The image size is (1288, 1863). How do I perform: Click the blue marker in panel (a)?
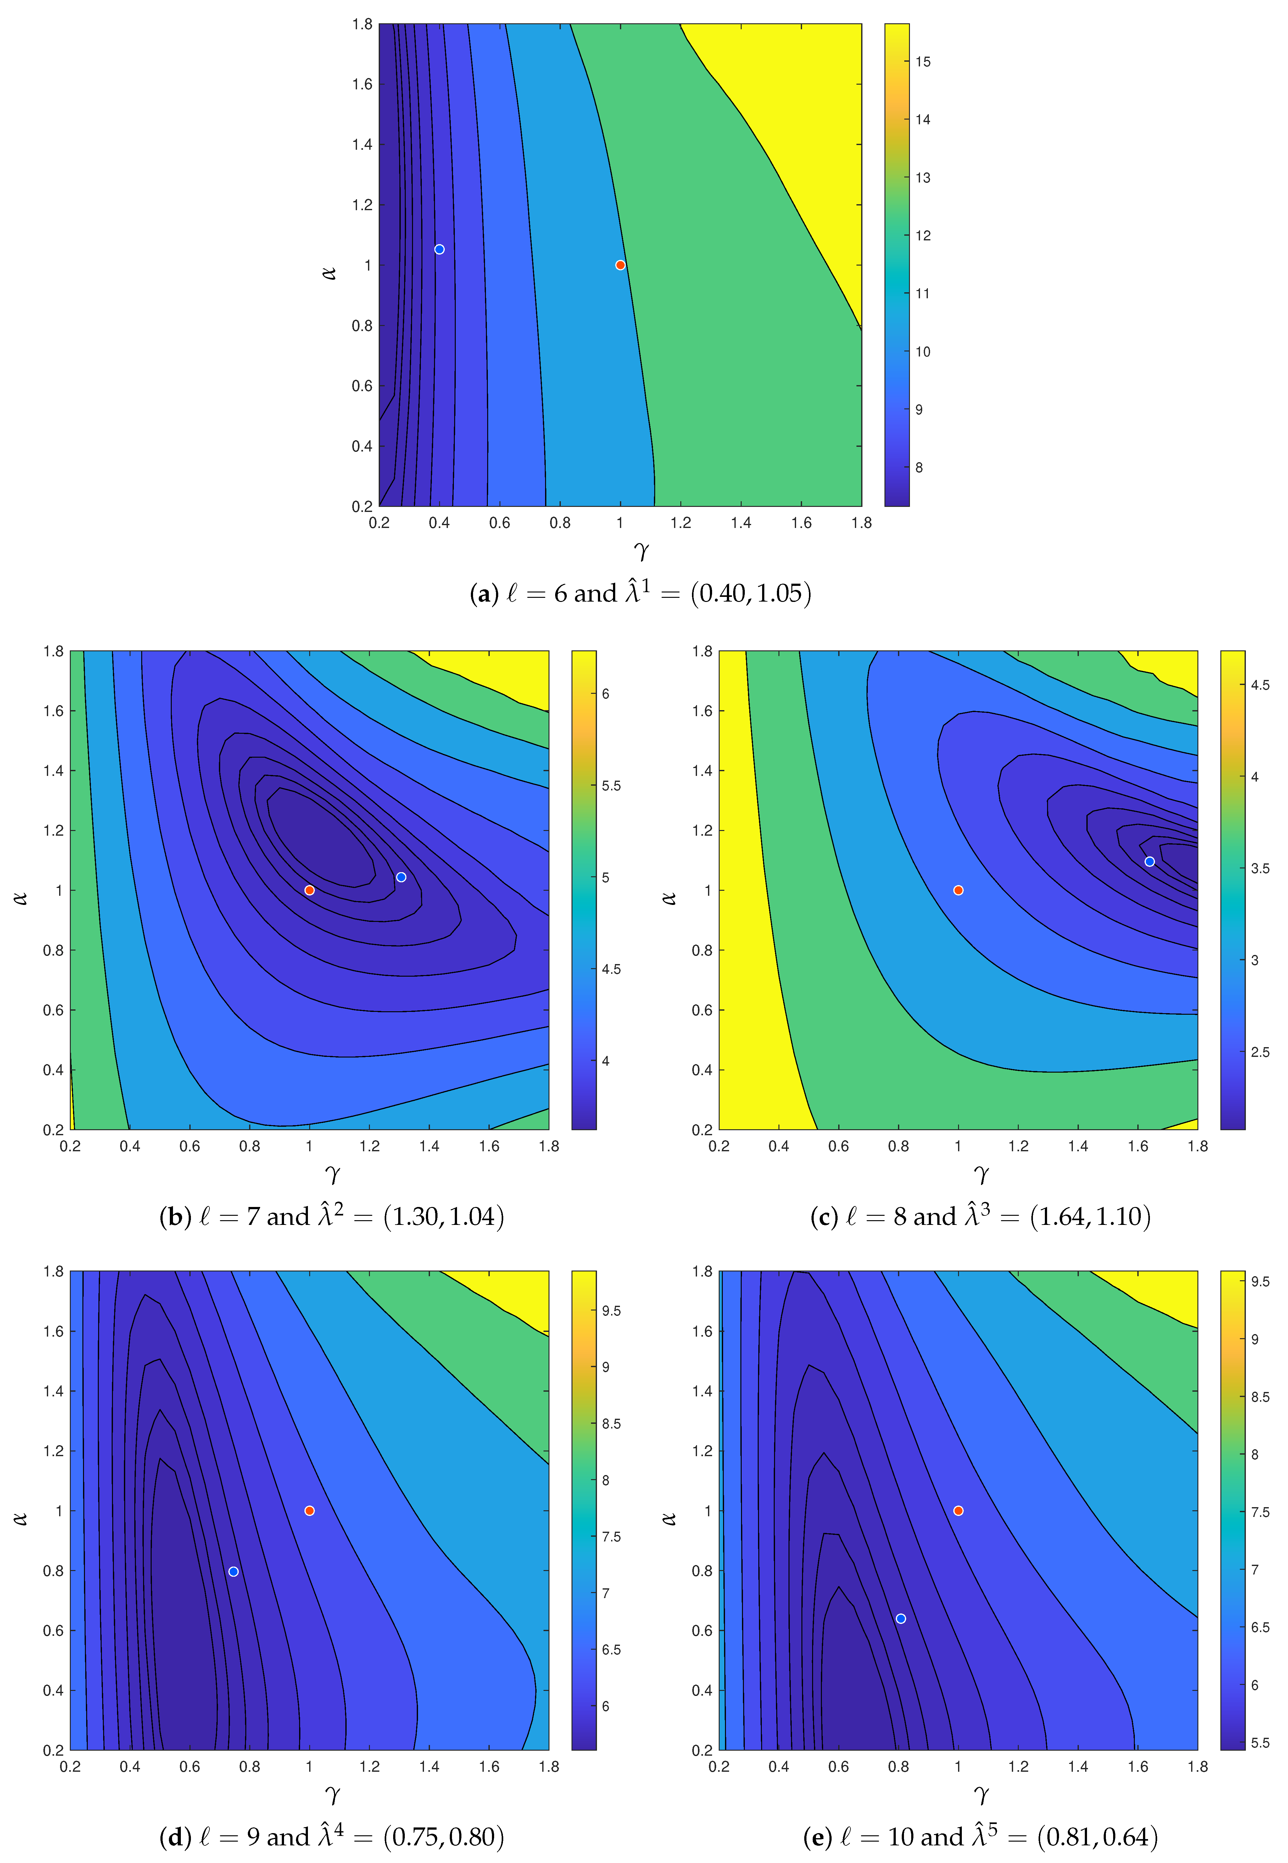tap(439, 250)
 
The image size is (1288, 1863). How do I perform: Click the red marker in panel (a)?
tap(620, 265)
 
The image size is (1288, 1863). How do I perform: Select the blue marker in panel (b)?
tap(401, 877)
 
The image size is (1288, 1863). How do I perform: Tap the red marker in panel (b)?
tap(309, 890)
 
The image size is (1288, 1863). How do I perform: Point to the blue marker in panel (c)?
tap(1149, 861)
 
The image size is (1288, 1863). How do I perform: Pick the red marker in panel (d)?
tap(309, 1510)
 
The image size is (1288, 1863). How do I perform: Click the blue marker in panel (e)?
tap(900, 1619)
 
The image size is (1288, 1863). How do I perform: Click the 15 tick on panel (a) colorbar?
tap(923, 61)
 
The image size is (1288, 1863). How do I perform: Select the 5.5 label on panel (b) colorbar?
tap(611, 785)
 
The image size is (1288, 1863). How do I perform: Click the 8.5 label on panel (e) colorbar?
tap(1260, 1396)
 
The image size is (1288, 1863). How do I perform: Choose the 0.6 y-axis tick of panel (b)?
tap(53, 1010)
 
